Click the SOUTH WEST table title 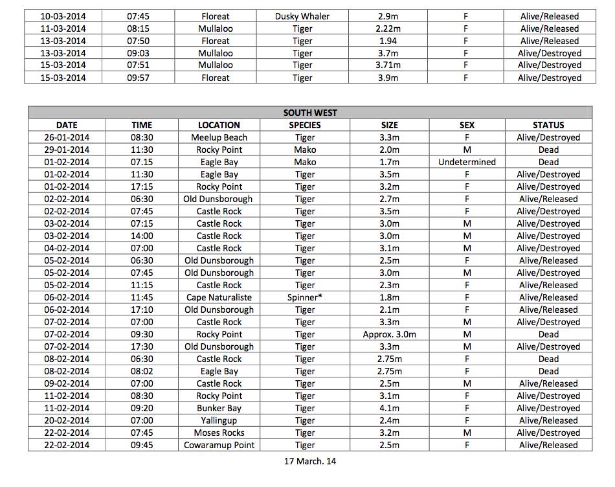(309, 113)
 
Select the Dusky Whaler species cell (302, 16)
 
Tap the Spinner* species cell (304, 298)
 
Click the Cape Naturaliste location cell (219, 298)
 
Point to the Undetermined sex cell (466, 163)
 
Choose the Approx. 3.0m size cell (389, 335)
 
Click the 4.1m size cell (389, 409)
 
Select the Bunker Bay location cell (219, 409)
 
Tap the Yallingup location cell (219, 421)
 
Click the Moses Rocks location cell (219, 433)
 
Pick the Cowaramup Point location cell (219, 446)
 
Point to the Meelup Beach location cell (219, 138)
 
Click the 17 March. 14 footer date (309, 462)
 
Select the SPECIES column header (304, 125)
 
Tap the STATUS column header (548, 125)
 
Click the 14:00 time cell (141, 236)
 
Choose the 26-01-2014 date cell (67, 138)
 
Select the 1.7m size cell (389, 163)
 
